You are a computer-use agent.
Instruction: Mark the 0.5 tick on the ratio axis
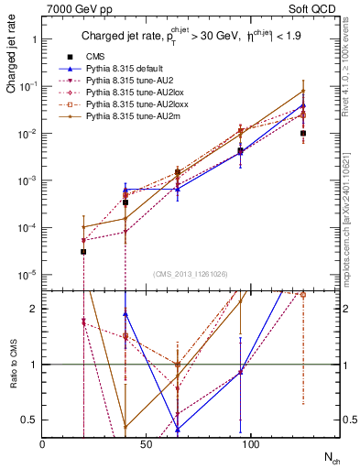29,420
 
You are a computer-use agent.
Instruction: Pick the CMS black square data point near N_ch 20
83,251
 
